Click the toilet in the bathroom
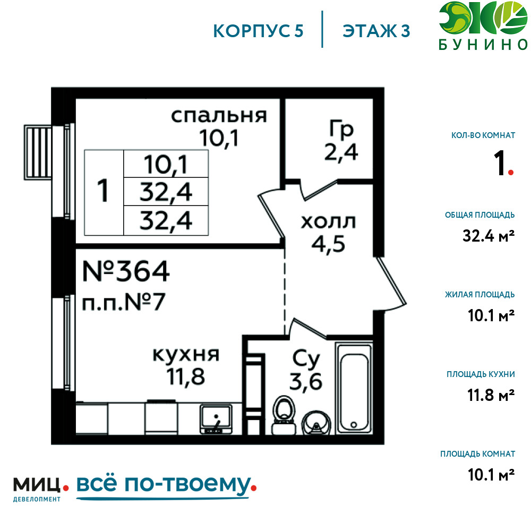pos(284,415)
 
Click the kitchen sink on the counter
pos(216,419)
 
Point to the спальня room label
pos(219,116)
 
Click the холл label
pos(328,222)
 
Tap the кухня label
pos(186,355)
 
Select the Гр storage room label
pos(341,129)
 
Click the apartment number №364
pos(126,271)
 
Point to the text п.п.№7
pos(124,302)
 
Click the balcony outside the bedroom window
pos(37,152)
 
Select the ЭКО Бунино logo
pos(483,26)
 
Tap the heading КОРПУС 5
pos(258,31)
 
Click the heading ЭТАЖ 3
pos(376,31)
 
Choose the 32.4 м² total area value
pos(489,236)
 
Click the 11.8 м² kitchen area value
pos(491,395)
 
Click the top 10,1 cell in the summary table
pos(166,165)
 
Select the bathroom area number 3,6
pos(305,382)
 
